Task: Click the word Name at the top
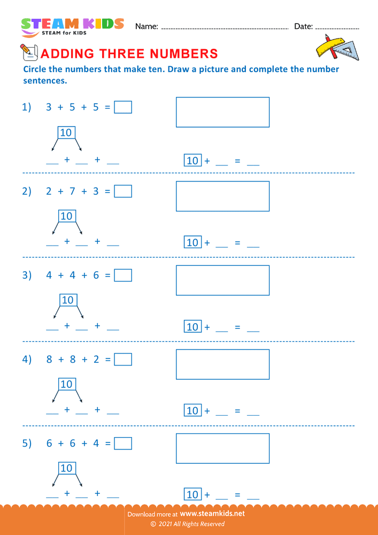[x=146, y=26]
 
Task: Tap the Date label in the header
[x=303, y=26]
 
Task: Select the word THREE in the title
[x=122, y=53]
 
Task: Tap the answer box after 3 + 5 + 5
[x=123, y=107]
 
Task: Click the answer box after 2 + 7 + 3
[x=123, y=191]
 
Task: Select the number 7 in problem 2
[x=72, y=192]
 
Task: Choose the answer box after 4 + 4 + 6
[x=123, y=275]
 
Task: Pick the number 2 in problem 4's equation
[x=96, y=360]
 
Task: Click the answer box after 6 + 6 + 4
[x=123, y=443]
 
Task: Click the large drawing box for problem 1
[x=222, y=112]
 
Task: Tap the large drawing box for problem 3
[x=222, y=280]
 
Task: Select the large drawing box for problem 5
[x=222, y=448]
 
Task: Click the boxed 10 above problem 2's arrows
[x=66, y=216]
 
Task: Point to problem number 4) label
[x=27, y=360]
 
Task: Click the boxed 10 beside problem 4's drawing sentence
[x=192, y=411]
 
